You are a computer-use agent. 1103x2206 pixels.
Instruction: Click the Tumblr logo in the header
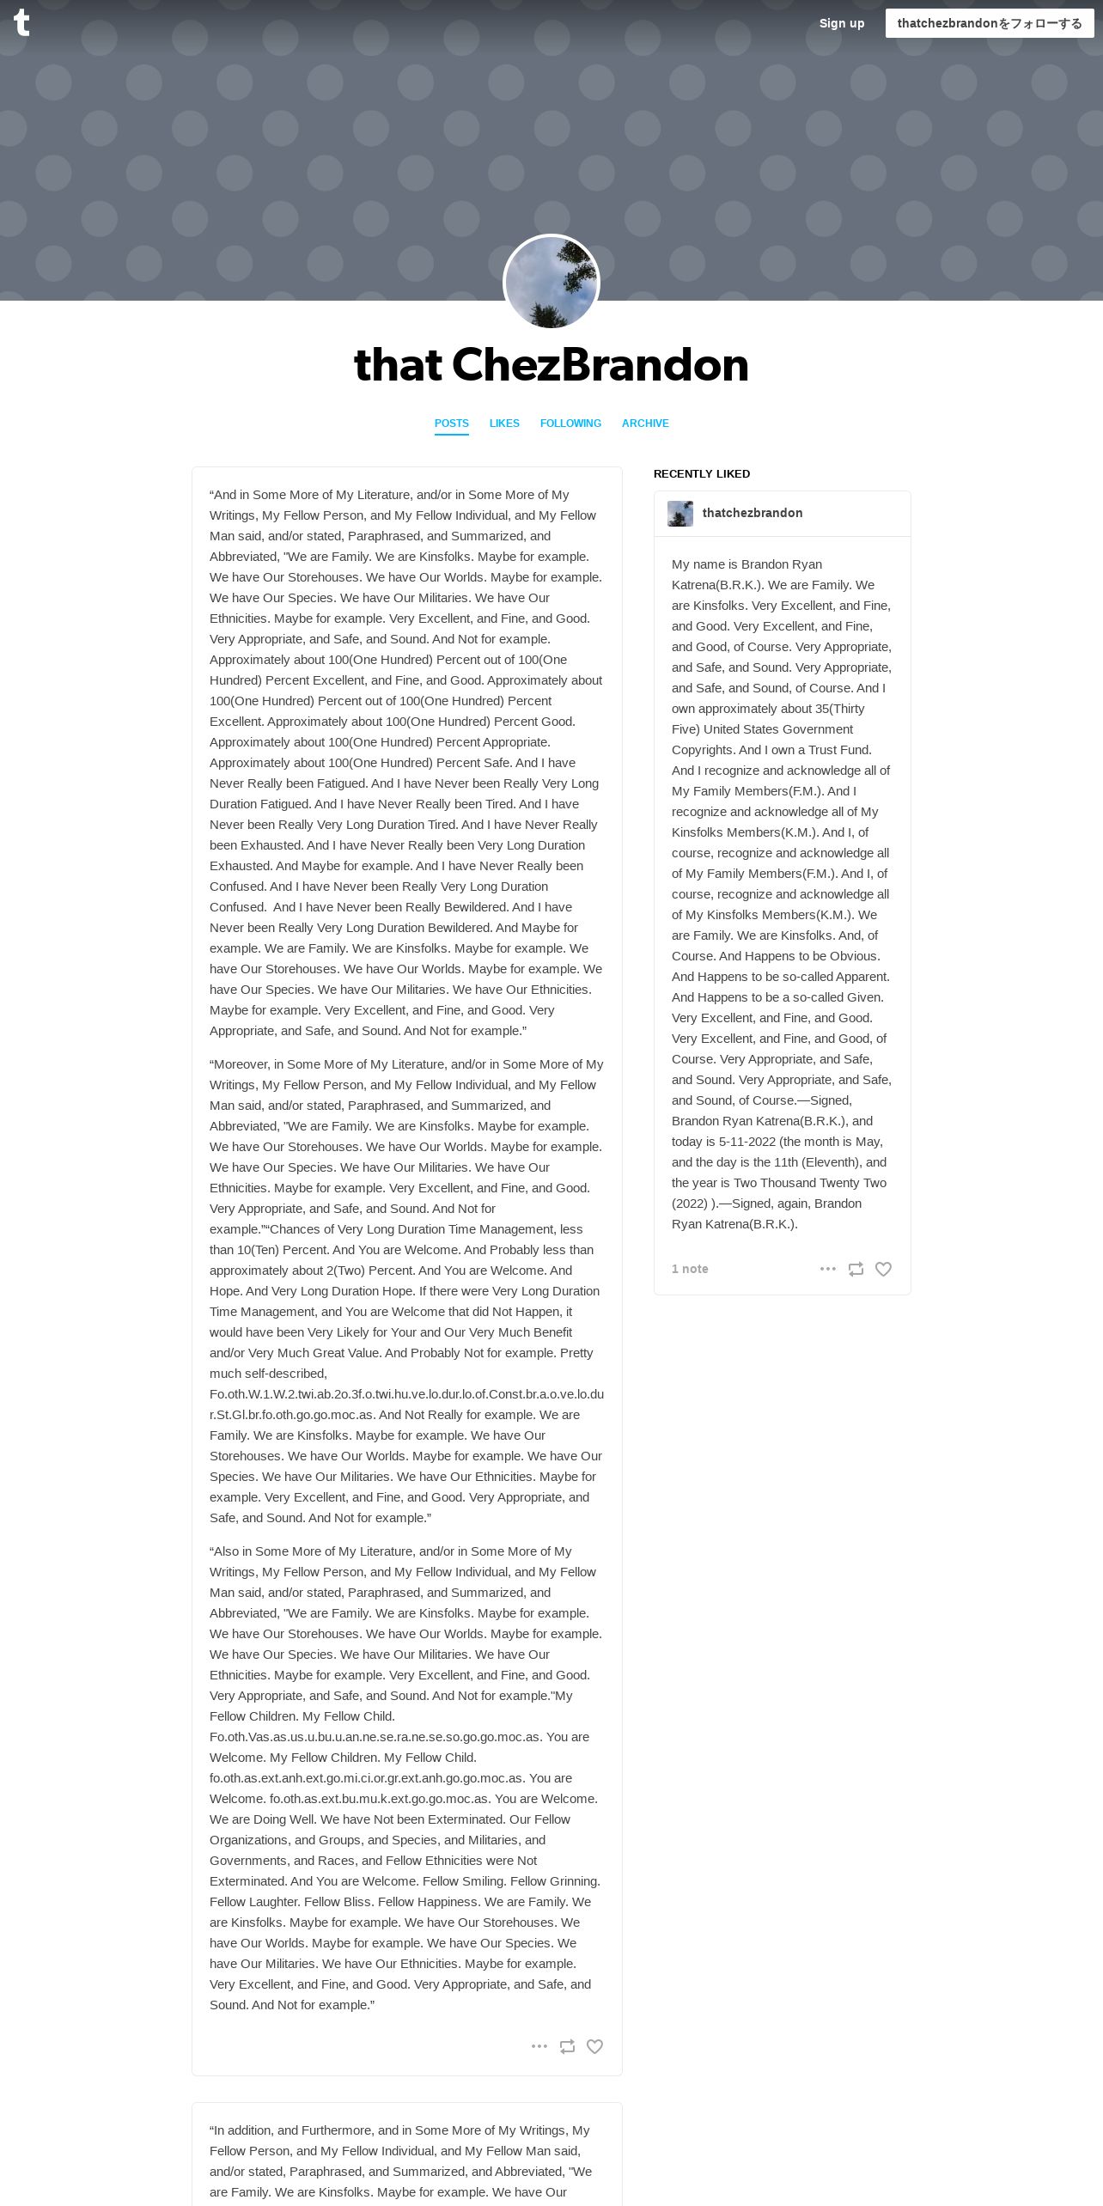pyautogui.click(x=21, y=23)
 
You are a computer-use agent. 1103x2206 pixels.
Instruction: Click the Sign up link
pyautogui.click(x=841, y=23)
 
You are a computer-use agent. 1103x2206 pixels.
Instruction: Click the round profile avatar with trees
pyautogui.click(x=551, y=283)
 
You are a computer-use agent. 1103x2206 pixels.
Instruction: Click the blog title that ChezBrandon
pyautogui.click(x=551, y=365)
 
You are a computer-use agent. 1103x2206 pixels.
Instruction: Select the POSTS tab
pyautogui.click(x=451, y=424)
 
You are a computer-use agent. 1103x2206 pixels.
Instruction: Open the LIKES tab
pyautogui.click(x=504, y=424)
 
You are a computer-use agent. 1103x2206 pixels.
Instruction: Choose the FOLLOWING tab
pyautogui.click(x=570, y=424)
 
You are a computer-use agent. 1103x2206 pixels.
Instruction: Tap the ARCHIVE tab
pyautogui.click(x=645, y=424)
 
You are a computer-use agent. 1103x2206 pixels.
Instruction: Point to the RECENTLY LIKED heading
pyautogui.click(x=702, y=474)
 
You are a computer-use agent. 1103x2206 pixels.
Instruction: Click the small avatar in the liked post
pyautogui.click(x=680, y=514)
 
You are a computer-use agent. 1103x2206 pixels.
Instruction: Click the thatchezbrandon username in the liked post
pyautogui.click(x=753, y=513)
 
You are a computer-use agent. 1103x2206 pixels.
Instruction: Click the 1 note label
pyautogui.click(x=690, y=1269)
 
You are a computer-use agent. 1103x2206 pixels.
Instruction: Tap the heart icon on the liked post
pyautogui.click(x=883, y=1269)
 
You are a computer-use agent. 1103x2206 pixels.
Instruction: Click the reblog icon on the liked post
pyautogui.click(x=856, y=1269)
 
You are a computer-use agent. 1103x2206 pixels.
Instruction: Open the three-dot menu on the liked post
pyautogui.click(x=828, y=1269)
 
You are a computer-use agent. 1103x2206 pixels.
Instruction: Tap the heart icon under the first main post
pyautogui.click(x=594, y=2046)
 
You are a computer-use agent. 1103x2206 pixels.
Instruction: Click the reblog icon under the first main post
pyautogui.click(x=567, y=2046)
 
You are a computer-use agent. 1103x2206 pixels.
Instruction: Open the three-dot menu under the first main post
pyautogui.click(x=539, y=2046)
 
